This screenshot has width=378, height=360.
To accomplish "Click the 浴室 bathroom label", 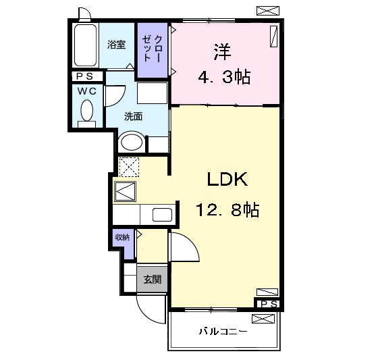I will tap(117, 45).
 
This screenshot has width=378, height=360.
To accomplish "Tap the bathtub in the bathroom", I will tap(86, 46).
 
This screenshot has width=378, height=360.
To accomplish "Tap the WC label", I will tap(86, 90).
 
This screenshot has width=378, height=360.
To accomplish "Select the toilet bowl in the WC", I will tap(87, 109).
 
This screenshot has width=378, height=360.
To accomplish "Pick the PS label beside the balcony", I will tap(268, 303).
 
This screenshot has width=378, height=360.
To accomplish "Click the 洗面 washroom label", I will tap(133, 116).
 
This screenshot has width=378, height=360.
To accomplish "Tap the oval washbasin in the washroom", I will tap(131, 143).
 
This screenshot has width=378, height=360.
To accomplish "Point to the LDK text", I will tap(227, 180).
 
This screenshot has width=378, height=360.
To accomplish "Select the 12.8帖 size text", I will tap(227, 211).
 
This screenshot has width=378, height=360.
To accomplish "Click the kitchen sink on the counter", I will tap(163, 215).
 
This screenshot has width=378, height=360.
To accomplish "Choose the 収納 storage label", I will tap(122, 237).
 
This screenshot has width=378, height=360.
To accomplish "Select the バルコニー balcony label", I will tap(223, 332).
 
